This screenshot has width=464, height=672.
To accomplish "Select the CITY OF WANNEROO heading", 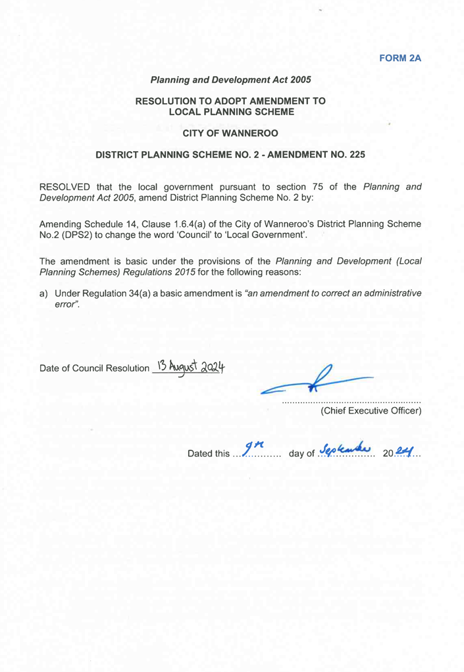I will click(231, 133).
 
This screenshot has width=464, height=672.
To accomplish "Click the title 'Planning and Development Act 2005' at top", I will click(231, 80).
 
